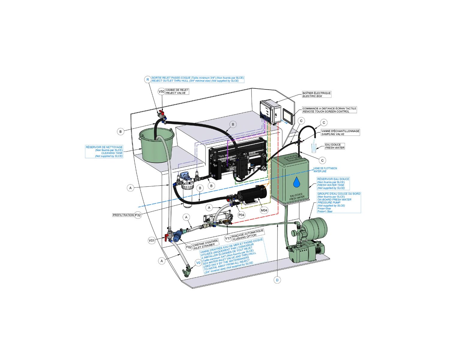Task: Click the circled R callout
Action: (147, 79)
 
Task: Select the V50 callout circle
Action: (161, 91)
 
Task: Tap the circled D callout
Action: (277, 280)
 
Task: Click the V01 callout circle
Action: (152, 240)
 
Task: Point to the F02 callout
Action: (189, 247)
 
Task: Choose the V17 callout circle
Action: (228, 238)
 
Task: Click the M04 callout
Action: (264, 210)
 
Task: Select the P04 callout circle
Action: (241, 215)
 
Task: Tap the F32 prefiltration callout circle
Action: (138, 215)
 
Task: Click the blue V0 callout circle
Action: (198, 263)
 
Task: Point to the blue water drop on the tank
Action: (296, 181)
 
